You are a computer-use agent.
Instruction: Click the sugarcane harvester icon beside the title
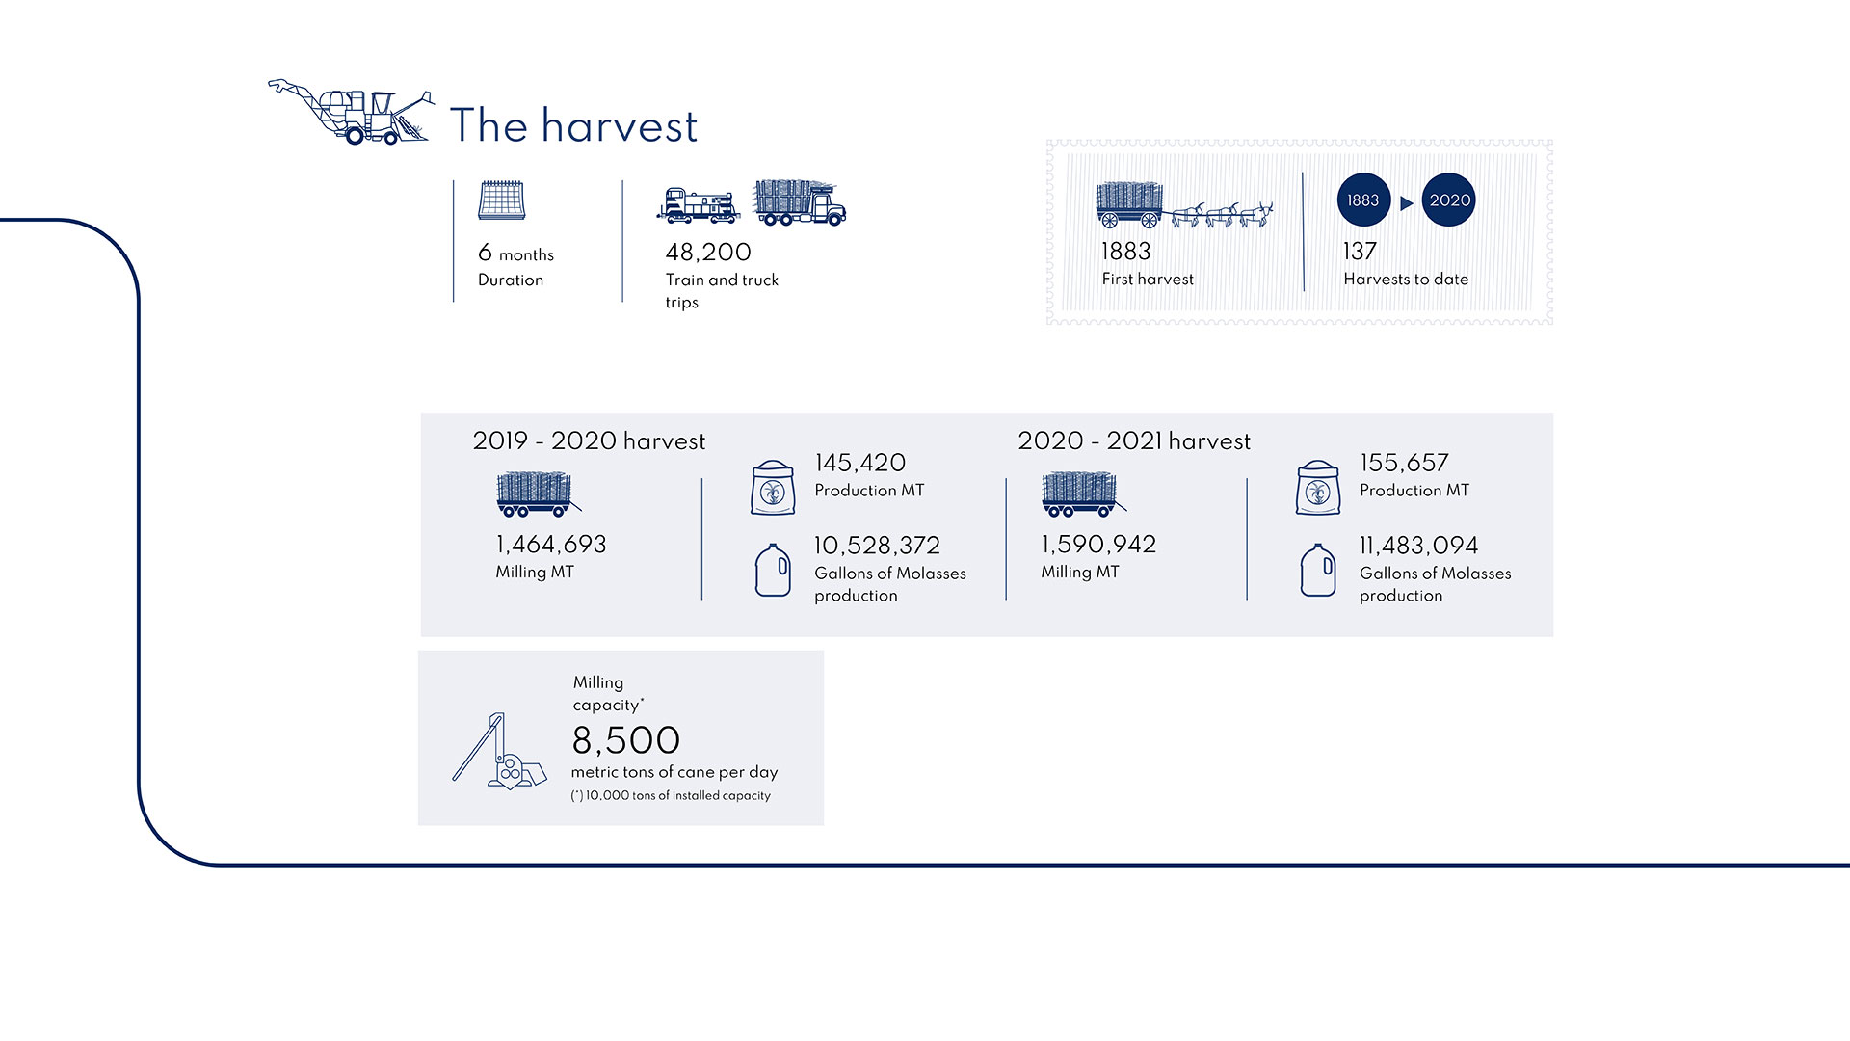[x=351, y=112]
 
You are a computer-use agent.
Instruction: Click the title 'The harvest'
[x=573, y=126]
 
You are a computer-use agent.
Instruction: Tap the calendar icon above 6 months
[x=501, y=200]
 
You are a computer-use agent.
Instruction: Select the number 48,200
[x=708, y=253]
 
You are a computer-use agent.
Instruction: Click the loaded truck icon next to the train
[x=799, y=202]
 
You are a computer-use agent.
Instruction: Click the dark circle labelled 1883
[x=1363, y=200]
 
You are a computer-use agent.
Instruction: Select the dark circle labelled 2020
[x=1449, y=200]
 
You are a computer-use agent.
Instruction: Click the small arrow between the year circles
[x=1406, y=203]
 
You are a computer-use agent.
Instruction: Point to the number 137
[x=1360, y=252]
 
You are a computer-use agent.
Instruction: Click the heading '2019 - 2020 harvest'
[x=589, y=441]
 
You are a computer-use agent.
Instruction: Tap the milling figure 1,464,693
[x=551, y=545]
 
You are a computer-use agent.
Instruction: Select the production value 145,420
[x=860, y=463]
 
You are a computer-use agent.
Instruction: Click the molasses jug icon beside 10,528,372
[x=773, y=570]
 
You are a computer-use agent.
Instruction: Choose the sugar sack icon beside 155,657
[x=1318, y=488]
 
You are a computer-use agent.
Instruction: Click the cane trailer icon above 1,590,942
[x=1083, y=494]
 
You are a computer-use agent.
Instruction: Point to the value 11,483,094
[x=1418, y=546]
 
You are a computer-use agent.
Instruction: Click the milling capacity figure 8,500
[x=626, y=740]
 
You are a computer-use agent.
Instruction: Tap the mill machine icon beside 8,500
[x=499, y=752]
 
